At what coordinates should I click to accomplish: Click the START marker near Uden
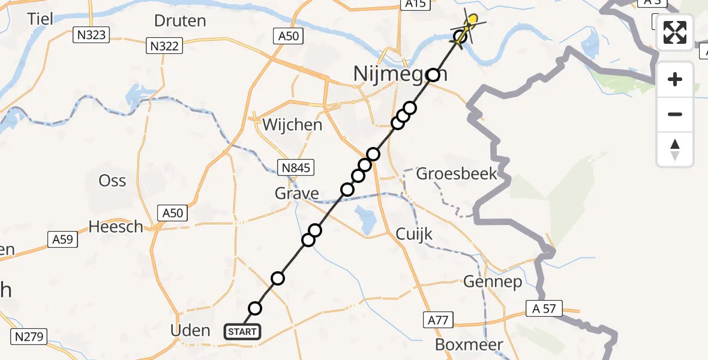[242, 331]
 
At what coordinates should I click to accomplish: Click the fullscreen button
[675, 32]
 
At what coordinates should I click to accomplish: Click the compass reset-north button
[675, 149]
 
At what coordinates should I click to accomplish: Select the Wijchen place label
[293, 125]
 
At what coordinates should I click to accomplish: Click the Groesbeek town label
[457, 174]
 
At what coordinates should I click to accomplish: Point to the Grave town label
[296, 193]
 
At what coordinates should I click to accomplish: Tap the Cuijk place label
[414, 234]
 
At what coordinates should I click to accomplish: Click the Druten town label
[180, 21]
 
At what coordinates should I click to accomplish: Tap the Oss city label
[112, 180]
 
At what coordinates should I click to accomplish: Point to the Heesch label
[116, 226]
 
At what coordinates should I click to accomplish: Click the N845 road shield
[295, 168]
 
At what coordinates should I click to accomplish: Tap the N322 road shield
[164, 45]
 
